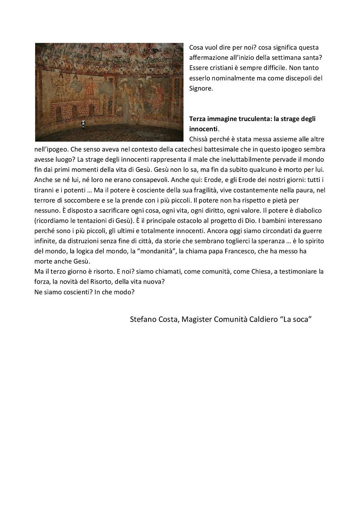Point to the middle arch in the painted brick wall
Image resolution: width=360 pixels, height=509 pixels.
click(75, 111)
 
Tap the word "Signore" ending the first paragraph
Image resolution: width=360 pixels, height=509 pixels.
click(201, 88)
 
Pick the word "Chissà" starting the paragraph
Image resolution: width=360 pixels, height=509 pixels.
click(199, 139)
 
